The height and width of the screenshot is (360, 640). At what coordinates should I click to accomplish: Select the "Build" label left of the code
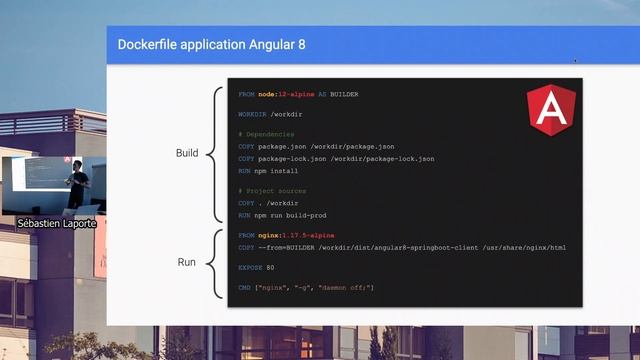(x=187, y=154)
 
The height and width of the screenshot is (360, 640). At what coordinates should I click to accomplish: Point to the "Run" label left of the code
(x=186, y=263)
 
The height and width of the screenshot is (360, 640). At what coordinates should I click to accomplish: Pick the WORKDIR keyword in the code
(x=253, y=116)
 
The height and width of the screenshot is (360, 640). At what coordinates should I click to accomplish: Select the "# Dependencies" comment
(x=266, y=134)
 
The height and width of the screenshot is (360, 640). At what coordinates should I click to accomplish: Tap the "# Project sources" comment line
(x=272, y=190)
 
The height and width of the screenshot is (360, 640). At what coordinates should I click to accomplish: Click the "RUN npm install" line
(x=268, y=171)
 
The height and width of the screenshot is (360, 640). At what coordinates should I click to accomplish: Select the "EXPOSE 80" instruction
(x=256, y=268)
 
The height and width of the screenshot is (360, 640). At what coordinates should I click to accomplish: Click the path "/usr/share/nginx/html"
(x=528, y=246)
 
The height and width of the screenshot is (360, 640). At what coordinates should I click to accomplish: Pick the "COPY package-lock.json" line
(x=336, y=159)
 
